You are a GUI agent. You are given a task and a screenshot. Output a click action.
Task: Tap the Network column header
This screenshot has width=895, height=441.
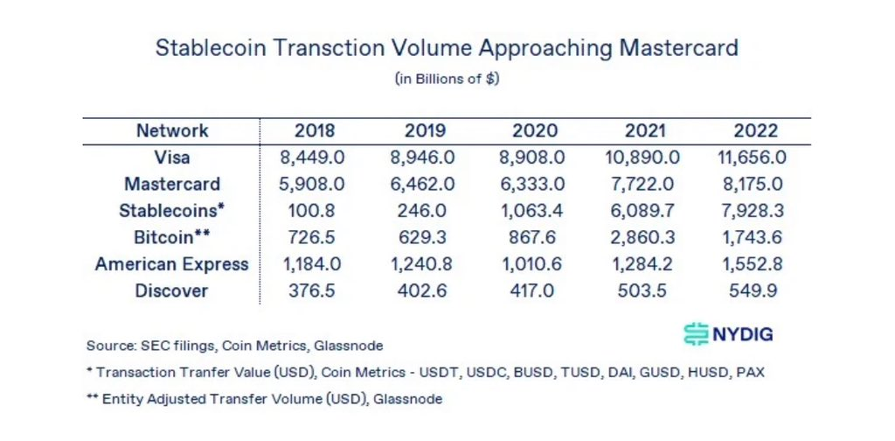172,131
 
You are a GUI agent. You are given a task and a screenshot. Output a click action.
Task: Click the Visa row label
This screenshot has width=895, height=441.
172,158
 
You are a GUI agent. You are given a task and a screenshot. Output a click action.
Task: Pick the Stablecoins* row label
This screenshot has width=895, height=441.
172,211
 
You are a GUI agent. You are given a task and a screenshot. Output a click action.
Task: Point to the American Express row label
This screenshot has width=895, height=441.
172,264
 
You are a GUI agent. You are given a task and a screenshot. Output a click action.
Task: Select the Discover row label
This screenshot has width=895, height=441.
172,290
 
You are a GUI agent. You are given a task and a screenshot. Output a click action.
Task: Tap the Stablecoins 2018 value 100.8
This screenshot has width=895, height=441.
315,211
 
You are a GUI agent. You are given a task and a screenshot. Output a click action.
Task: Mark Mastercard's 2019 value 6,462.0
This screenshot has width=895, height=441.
425,185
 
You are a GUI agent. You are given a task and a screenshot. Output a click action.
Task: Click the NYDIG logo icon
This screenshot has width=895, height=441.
696,334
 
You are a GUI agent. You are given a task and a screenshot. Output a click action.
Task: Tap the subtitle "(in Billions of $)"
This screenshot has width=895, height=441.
447,79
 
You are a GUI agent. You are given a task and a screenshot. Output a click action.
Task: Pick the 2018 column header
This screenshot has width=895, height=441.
315,131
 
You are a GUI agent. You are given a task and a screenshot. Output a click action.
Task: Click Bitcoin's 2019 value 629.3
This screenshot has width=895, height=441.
425,238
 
